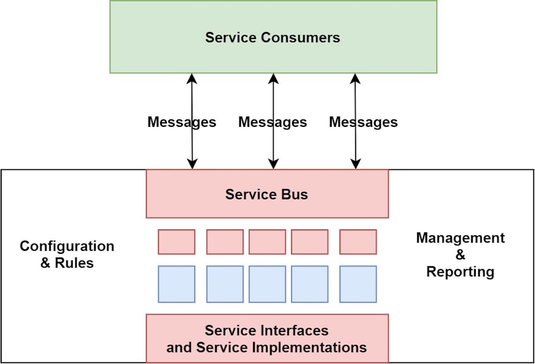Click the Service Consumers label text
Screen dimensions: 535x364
click(x=273, y=37)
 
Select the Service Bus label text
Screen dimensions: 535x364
click(x=266, y=194)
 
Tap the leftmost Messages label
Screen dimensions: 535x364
click(x=182, y=122)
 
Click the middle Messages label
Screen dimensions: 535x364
click(x=273, y=122)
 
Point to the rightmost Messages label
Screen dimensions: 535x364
click(x=363, y=122)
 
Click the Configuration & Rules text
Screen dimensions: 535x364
click(x=67, y=254)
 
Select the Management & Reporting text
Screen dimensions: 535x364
click(x=460, y=254)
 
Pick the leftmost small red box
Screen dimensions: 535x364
click(x=177, y=242)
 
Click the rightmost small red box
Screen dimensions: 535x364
click(x=358, y=242)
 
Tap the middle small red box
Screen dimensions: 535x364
click(x=267, y=242)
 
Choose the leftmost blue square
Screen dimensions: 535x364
click(x=177, y=284)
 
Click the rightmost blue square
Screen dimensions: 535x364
click(x=358, y=284)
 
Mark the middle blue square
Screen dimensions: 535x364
click(x=267, y=284)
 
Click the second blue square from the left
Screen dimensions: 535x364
click(x=225, y=284)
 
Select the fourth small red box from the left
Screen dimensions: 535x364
click(x=310, y=242)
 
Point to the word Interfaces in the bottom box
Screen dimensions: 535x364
click(x=294, y=330)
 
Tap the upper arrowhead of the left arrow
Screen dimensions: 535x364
click(x=192, y=79)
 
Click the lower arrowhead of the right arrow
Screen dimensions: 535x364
click(x=356, y=164)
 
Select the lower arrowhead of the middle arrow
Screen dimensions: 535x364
click(x=273, y=164)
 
